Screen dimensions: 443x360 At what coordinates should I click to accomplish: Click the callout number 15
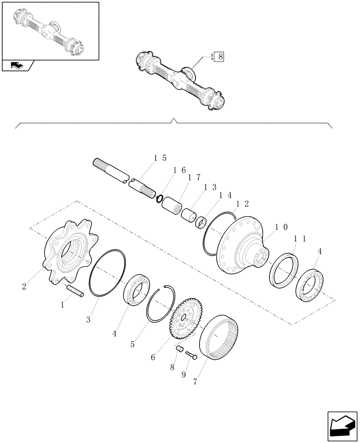(160, 158)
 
